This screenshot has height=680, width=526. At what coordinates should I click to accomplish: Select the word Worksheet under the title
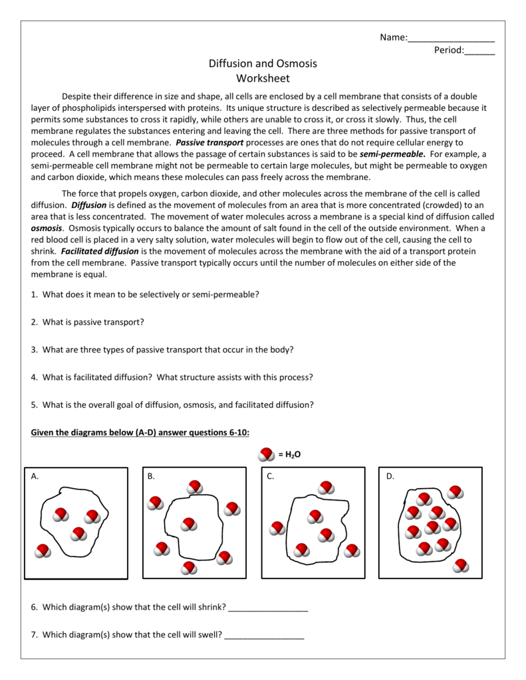pos(263,78)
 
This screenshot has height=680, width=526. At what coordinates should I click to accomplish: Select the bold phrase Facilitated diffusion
pos(100,252)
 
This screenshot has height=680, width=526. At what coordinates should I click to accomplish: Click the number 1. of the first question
pos(35,294)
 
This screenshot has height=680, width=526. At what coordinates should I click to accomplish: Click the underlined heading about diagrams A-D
pos(140,433)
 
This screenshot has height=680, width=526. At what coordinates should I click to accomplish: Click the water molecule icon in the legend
pos(265,454)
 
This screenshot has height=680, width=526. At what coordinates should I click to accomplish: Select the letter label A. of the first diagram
pos(35,476)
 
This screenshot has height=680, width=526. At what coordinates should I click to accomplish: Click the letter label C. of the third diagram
pos(271,476)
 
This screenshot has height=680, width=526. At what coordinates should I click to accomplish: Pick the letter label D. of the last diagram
pos(390,476)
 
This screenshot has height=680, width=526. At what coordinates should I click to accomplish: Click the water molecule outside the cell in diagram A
pos(43,551)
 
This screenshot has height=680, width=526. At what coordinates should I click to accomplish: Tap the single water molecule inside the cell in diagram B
pos(190,525)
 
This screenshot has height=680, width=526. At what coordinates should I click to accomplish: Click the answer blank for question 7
pos(264,635)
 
